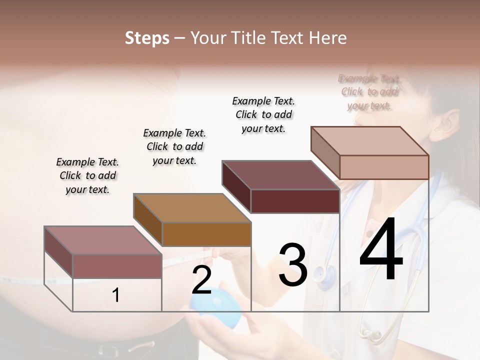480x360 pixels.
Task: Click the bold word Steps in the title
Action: [146, 38]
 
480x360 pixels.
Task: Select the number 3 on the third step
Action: [293, 265]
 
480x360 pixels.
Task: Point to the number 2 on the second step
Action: [201, 280]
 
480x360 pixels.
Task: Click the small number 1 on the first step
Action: [116, 295]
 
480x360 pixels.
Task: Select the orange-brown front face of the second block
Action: [206, 234]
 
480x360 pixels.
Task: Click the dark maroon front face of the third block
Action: [295, 201]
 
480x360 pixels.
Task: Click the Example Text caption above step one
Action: [87, 175]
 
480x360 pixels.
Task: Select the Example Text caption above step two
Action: [174, 146]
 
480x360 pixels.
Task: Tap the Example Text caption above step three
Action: [263, 114]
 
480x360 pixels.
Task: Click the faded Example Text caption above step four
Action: [369, 92]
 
